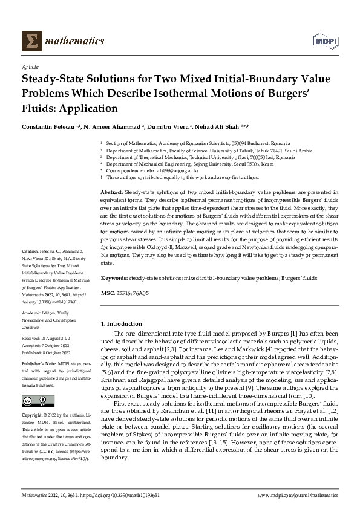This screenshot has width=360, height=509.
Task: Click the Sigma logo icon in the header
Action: (x=30, y=41)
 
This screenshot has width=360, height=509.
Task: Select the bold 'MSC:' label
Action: (x=106, y=293)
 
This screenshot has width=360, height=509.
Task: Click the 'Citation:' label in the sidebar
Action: (x=31, y=267)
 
